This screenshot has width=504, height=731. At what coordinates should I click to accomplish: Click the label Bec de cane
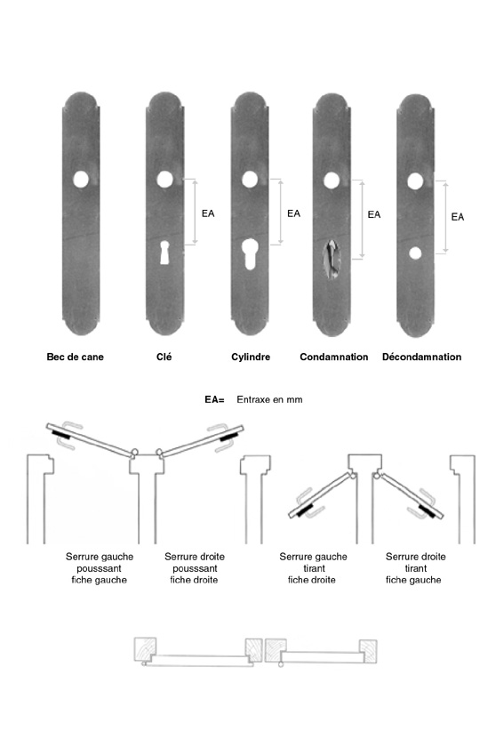coord(75,357)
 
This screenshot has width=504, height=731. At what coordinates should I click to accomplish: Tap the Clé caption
coord(164,357)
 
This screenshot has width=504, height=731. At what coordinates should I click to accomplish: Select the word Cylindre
coord(251,357)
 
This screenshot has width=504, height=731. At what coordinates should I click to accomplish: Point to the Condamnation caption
coord(334,357)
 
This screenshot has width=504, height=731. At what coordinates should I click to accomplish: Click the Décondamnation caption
coord(421,357)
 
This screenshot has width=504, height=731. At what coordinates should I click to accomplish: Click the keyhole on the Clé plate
coord(164,253)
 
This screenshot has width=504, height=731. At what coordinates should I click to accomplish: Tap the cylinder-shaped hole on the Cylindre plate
coord(250,254)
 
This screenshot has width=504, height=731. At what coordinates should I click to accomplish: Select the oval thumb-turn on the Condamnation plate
coord(332,259)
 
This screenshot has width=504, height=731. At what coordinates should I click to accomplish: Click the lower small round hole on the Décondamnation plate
coord(415,253)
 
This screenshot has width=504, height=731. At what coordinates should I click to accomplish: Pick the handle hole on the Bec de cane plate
coord(81,180)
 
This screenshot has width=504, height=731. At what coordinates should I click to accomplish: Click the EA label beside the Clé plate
coord(208,213)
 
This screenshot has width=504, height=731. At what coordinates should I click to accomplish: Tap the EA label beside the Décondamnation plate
coord(458,217)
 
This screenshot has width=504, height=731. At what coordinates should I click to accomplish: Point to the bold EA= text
coord(214,399)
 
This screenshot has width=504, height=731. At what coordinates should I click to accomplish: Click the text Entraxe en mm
coord(269,399)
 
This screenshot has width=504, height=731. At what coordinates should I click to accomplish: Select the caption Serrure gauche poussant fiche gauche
coord(100,568)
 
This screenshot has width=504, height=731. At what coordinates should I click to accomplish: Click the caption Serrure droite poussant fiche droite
coord(195,568)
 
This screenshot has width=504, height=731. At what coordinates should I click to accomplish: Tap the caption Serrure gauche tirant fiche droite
coord(313,568)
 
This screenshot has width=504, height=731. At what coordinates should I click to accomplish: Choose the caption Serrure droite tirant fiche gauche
coord(415,568)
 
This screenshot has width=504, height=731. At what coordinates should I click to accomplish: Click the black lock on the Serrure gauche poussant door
coord(61,437)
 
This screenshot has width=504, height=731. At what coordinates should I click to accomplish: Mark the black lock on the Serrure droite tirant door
coord(428,511)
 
